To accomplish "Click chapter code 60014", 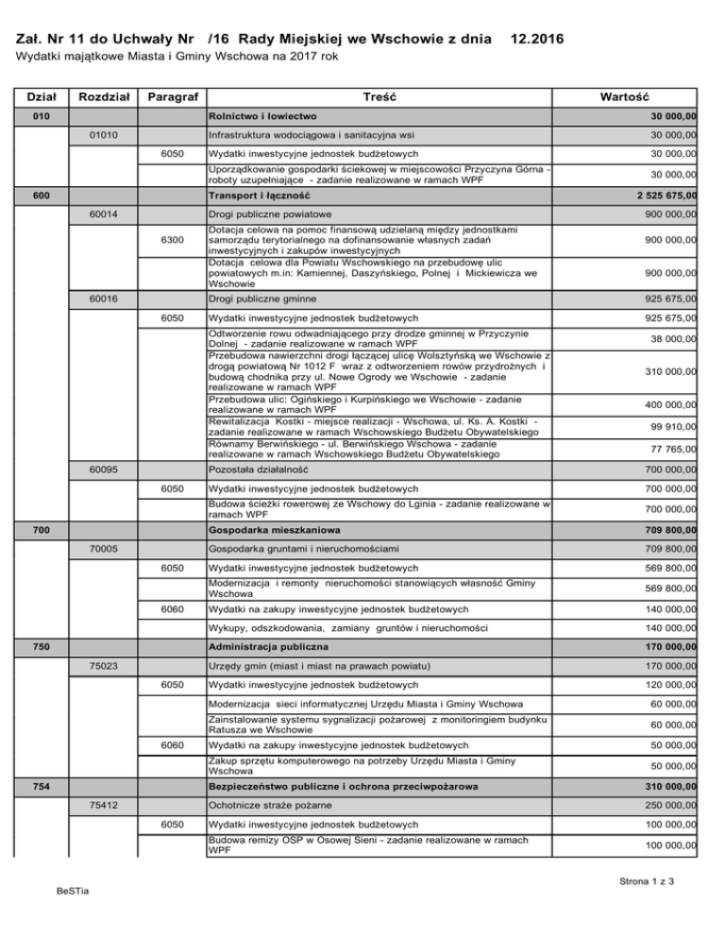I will (x=103, y=214).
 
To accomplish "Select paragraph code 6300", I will (x=172, y=241).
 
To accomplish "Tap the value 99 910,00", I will (x=671, y=426).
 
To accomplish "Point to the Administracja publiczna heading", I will (x=268, y=649).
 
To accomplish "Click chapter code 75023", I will (x=103, y=667).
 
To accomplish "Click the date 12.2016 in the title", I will (x=536, y=40).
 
